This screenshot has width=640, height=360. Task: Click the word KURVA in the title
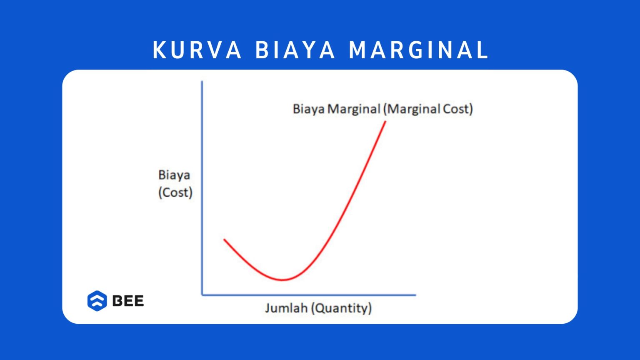tap(197, 50)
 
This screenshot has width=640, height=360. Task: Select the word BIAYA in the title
tap(295, 50)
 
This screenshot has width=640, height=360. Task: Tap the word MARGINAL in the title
tap(418, 50)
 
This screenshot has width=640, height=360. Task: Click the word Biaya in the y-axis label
tap(174, 175)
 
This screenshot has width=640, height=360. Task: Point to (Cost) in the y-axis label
tap(175, 192)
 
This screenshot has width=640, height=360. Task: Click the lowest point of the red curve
tap(282, 280)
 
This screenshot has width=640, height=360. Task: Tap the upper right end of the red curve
tap(385, 122)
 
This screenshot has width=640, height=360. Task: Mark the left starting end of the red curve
tap(225, 240)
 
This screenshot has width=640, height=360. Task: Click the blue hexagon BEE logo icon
tap(97, 301)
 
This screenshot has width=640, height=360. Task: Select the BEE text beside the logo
tap(128, 301)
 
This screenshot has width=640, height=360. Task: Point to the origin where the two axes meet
tap(202, 295)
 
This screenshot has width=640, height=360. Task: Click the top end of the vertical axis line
tap(202, 82)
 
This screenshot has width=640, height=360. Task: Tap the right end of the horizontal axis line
tap(415, 295)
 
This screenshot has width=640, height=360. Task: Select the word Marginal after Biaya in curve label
tap(354, 109)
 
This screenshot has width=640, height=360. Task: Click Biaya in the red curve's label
tap(309, 109)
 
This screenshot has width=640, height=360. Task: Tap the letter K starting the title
tap(159, 50)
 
